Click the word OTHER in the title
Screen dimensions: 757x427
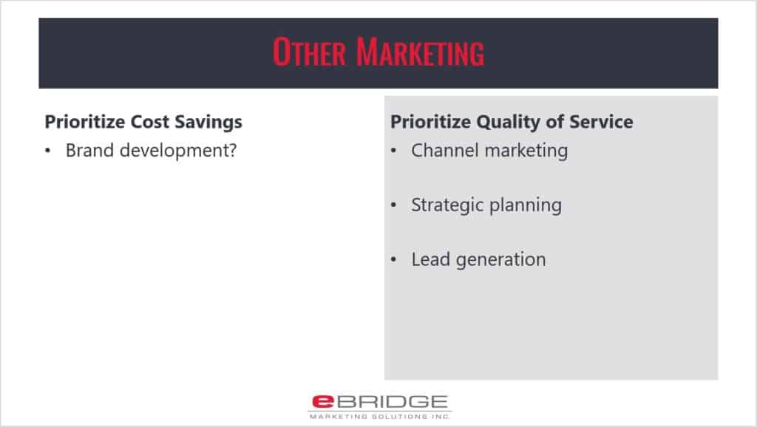(310, 52)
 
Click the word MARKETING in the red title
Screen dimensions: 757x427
(420, 52)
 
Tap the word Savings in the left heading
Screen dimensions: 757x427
(208, 123)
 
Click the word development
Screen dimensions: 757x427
(173, 151)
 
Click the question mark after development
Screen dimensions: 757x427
(232, 150)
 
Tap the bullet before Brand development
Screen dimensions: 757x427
(47, 151)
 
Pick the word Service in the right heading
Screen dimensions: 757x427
(601, 122)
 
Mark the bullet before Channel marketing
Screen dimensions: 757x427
(393, 151)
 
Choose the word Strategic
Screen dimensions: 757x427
(447, 205)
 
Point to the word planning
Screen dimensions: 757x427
(526, 205)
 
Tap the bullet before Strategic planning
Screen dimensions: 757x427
(393, 205)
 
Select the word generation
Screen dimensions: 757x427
(500, 261)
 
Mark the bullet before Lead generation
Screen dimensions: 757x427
(393, 260)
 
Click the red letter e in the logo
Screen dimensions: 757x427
(323, 401)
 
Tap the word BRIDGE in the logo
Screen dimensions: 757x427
(392, 401)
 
